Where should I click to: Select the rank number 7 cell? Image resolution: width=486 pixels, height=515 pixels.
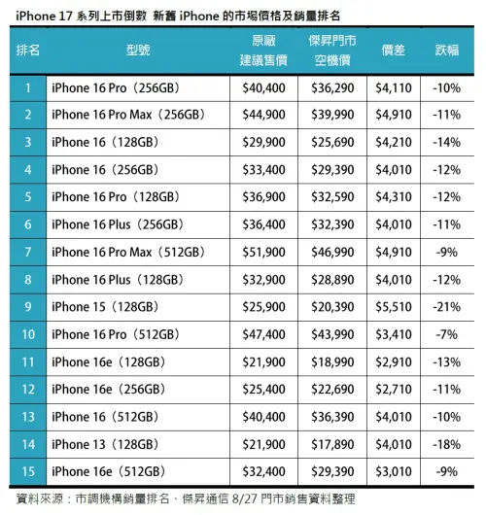click(x=29, y=253)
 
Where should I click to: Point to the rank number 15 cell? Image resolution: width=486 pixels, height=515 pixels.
click(x=29, y=472)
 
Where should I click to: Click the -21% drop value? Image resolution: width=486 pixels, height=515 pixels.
click(x=448, y=307)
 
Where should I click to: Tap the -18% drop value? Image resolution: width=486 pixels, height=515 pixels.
click(x=448, y=444)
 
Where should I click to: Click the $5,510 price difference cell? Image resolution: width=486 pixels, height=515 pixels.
click(x=395, y=307)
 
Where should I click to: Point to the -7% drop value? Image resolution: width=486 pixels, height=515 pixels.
click(x=448, y=335)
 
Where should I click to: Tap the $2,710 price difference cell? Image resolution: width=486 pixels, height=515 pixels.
click(x=395, y=390)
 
